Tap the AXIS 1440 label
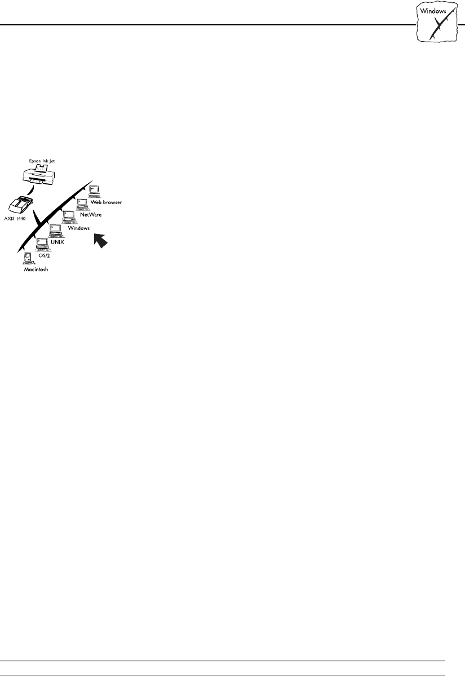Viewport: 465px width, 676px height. click(24, 217)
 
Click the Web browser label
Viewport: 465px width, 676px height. click(107, 201)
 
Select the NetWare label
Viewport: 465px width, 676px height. click(91, 215)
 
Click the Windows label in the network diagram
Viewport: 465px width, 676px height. click(79, 228)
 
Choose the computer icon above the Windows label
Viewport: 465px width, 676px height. click(69, 217)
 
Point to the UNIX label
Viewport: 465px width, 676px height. click(58, 241)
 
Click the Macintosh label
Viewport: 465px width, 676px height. click(36, 269)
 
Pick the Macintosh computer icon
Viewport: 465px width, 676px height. click(26, 259)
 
